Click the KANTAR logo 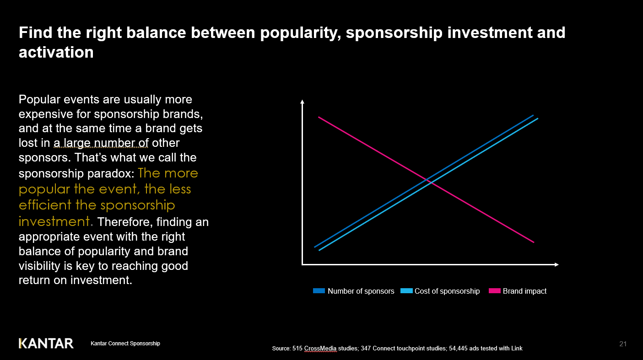[x=46, y=343]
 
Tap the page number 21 [x=622, y=344]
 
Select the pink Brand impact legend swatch [x=495, y=291]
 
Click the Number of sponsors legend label [x=361, y=291]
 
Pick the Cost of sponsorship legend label [x=447, y=291]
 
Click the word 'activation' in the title [x=56, y=52]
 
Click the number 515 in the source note [x=297, y=349]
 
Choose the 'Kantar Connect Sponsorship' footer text [x=125, y=344]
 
